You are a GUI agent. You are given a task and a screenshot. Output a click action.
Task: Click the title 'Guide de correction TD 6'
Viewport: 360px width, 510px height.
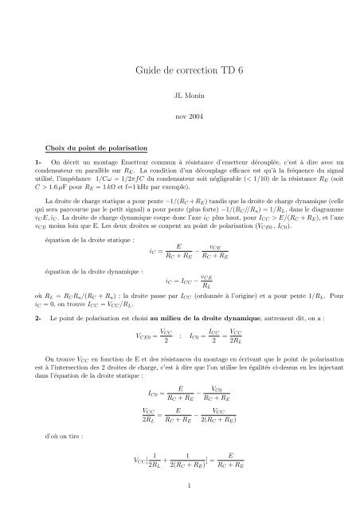tap(179, 69)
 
